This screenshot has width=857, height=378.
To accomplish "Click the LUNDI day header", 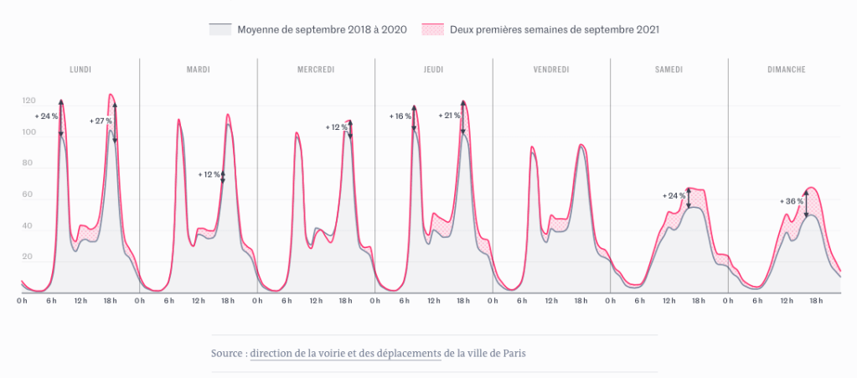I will tap(80, 70).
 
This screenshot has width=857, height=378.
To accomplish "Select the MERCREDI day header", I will tap(316, 70).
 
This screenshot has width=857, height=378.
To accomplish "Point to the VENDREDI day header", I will tap(551, 70).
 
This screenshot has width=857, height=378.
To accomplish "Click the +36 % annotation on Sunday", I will tap(792, 201).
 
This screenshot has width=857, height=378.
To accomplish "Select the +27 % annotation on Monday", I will tap(101, 122).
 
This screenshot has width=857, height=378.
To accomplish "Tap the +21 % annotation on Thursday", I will tap(450, 116).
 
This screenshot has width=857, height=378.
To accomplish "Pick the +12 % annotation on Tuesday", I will tap(209, 174).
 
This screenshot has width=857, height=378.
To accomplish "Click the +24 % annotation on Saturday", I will tap(674, 195).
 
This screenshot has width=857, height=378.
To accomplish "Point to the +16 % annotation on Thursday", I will tap(401, 116).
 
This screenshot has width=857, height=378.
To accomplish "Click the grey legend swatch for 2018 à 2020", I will tap(219, 29).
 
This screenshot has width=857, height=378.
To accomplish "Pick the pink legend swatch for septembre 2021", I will tap(432, 29).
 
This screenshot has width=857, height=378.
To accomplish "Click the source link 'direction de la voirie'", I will tap(345, 354).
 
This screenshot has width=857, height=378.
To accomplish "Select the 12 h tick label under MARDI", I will tap(198, 300).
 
